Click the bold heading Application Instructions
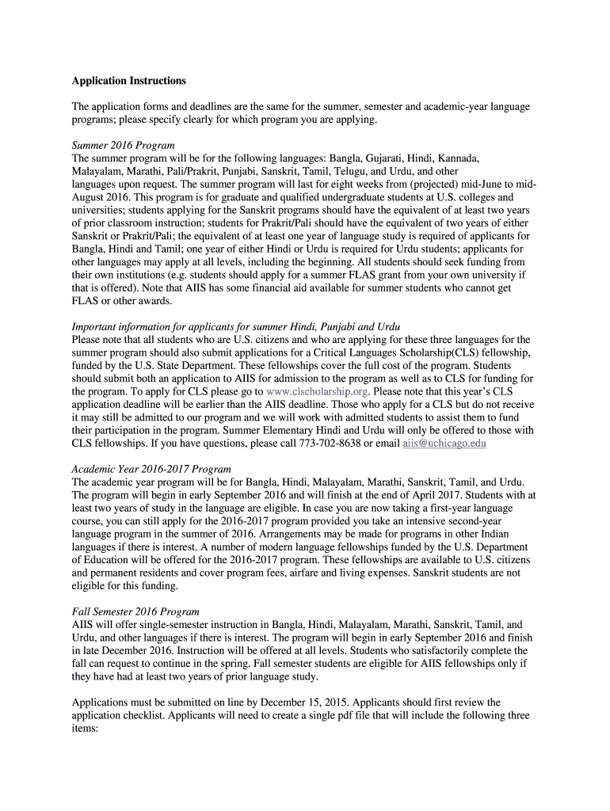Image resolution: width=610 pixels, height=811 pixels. click(129, 81)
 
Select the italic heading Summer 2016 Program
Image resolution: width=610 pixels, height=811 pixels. click(123, 147)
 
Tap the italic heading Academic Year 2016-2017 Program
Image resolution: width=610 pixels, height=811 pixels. click(151, 468)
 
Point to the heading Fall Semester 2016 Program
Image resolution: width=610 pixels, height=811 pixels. click(135, 611)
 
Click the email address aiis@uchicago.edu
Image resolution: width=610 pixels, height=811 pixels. click(444, 443)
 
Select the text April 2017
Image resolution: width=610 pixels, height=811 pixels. click(458, 494)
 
